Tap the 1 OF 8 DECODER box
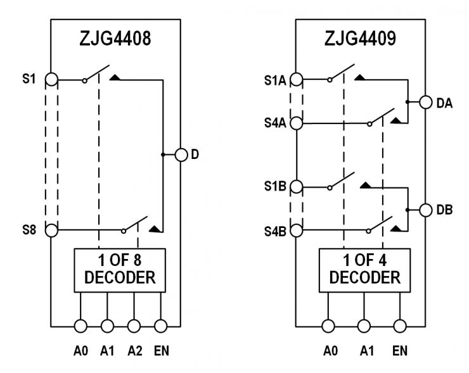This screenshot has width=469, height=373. click(120, 270)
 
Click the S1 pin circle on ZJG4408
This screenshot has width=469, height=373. click(52, 80)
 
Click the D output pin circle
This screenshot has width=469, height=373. click(181, 155)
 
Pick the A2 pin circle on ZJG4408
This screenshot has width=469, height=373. click(134, 326)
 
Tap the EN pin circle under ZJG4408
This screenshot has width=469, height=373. click(160, 326)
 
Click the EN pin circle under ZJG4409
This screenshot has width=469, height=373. click(399, 326)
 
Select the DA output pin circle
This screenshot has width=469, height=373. click(425, 101)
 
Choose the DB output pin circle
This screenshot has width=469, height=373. click(425, 208)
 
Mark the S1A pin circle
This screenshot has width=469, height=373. click(296, 80)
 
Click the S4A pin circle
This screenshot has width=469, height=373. click(296, 123)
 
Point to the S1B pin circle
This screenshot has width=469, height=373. click(296, 187)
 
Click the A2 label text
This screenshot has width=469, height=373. click(134, 349)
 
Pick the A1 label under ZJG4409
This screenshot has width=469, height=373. click(364, 349)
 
